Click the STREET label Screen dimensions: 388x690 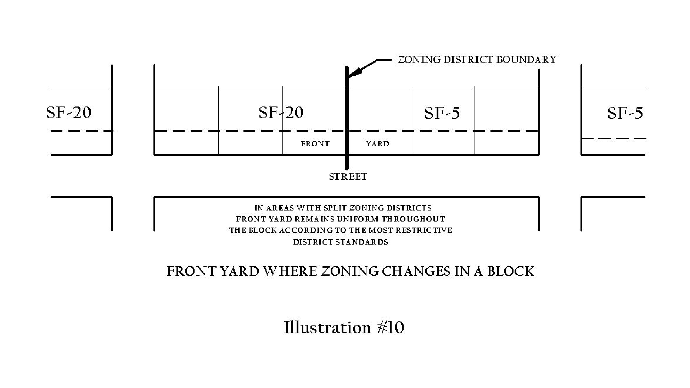pos(348,176)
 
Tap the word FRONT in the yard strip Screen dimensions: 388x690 pos(315,144)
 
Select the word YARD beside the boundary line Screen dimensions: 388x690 pos(377,144)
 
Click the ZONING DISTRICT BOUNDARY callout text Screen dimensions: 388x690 pos(477,60)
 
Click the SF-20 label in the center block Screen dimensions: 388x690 pos(281,113)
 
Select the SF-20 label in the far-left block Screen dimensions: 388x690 pos(69,113)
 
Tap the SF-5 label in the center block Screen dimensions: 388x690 pos(442,113)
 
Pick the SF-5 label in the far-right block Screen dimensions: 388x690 pos(625,113)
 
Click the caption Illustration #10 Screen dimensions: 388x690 pos(344,327)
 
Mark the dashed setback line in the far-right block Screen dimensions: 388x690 pos(613,138)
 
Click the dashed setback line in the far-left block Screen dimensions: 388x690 pos(82,131)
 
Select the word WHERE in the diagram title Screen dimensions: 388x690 pos(290,272)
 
